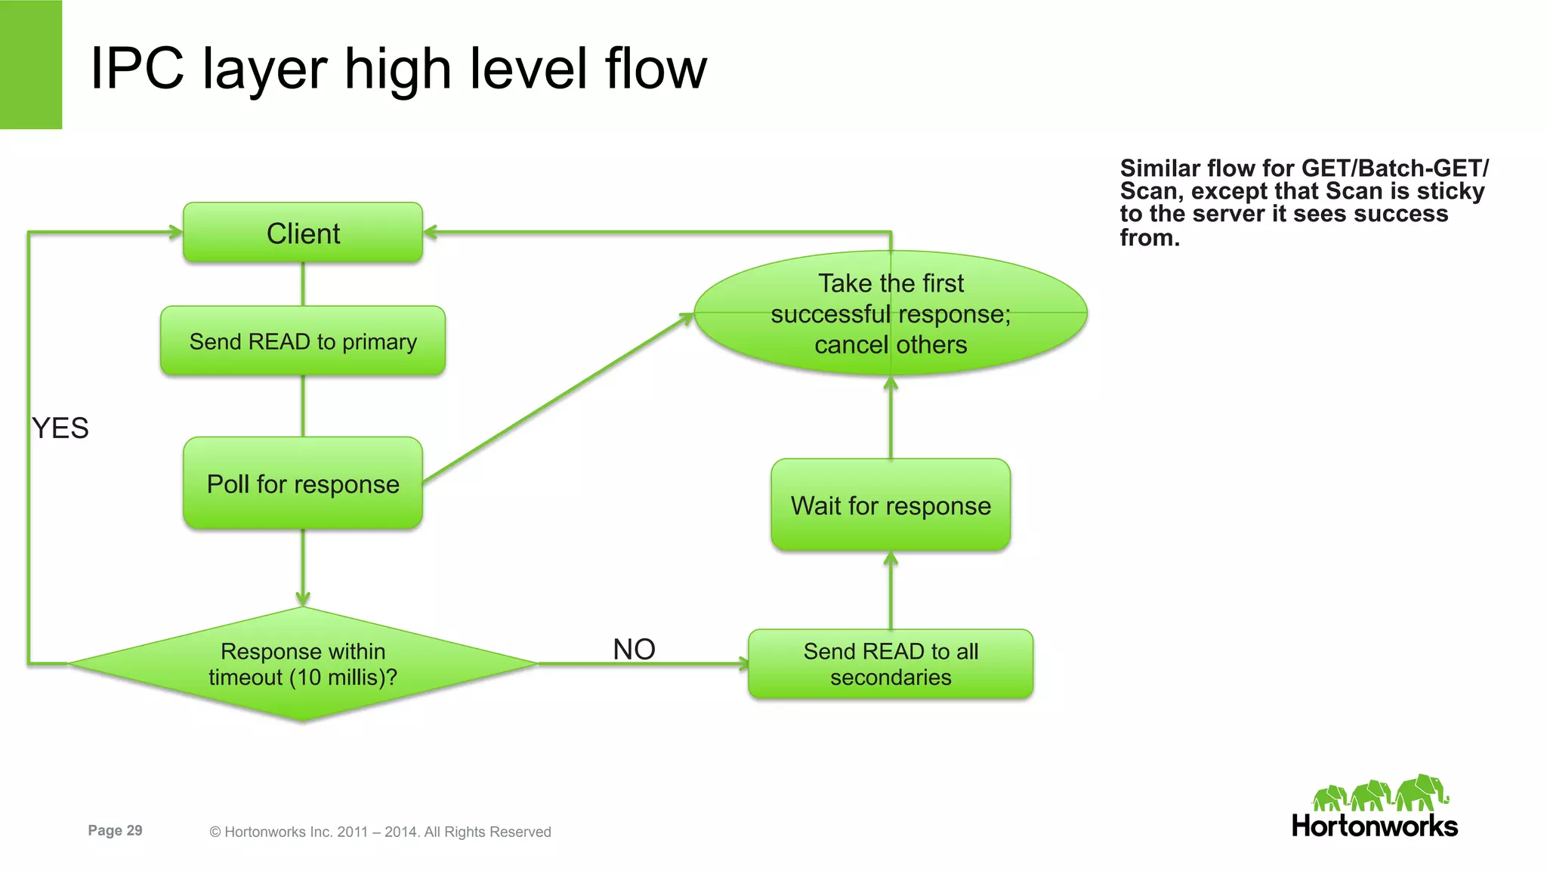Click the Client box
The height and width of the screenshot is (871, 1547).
tap(303, 233)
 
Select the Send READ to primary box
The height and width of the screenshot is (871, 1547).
tap(303, 341)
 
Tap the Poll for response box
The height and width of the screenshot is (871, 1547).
tap(303, 483)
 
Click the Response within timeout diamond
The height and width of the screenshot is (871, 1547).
tap(303, 664)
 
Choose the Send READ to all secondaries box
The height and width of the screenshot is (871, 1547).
tap(891, 664)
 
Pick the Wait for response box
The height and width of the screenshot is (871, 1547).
tap(891, 505)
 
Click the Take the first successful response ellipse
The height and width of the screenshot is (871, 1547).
tap(891, 313)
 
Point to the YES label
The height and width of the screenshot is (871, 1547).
tap(60, 428)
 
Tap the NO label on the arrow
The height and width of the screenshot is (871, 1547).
tap(634, 649)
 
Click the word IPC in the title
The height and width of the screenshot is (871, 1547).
tap(137, 69)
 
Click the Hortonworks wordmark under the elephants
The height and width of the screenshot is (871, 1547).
tap(1374, 826)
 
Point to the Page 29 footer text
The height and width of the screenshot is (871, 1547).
tap(115, 830)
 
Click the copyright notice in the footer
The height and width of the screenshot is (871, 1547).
tap(380, 832)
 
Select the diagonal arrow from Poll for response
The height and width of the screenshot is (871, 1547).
tap(557, 398)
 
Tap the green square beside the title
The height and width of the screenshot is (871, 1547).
tap(30, 64)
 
